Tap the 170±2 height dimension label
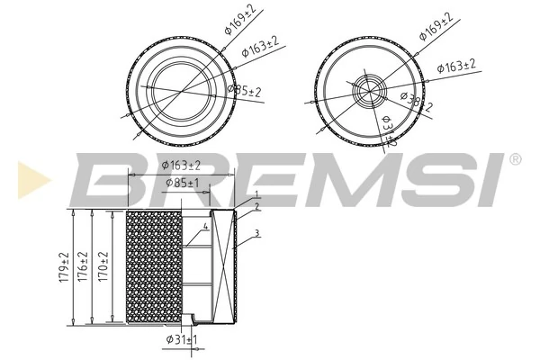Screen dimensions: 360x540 coord(104,267)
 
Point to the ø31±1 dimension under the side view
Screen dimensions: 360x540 coord(182,339)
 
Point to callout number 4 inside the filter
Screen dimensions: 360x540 coord(205,227)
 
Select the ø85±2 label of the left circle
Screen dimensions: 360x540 coord(244,91)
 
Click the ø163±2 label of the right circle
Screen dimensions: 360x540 coord(456,67)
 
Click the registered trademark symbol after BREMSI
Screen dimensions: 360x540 coord(515,159)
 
